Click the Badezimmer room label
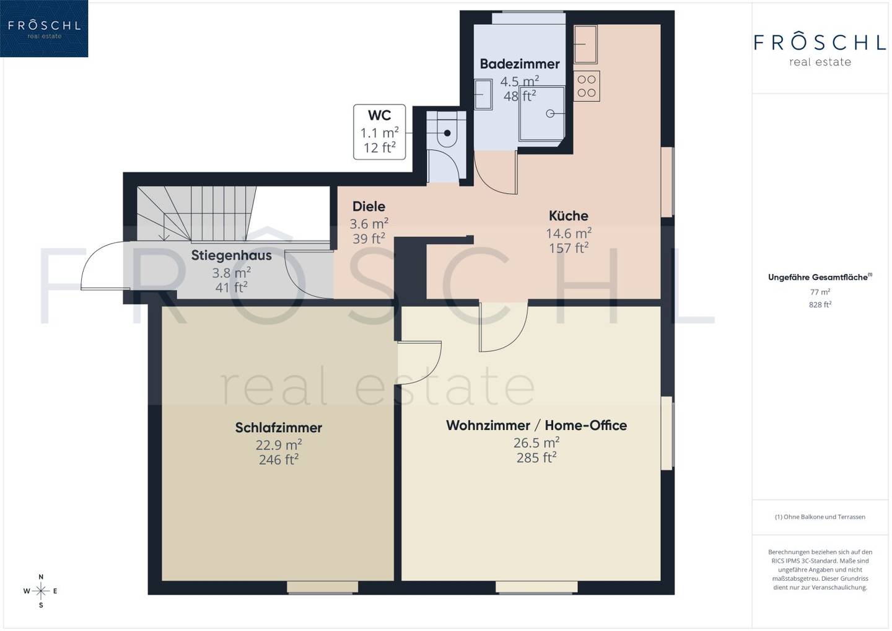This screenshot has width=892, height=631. point(520,64)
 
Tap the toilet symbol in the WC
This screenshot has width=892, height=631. point(447,133)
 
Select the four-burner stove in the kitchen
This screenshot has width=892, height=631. point(587,86)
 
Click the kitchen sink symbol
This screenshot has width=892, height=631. point(585,44)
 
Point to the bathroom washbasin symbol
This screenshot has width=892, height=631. point(483,94)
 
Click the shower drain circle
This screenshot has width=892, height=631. point(550,114)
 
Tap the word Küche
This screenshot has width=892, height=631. point(568,216)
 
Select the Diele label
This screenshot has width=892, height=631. point(369,206)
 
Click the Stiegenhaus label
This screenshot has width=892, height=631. point(232,255)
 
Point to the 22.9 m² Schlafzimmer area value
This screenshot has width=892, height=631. point(279,444)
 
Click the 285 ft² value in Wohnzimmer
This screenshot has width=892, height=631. point(536,457)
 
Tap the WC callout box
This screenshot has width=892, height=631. point(380,132)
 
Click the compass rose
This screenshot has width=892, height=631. point(41,591)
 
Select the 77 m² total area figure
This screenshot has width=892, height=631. point(820,292)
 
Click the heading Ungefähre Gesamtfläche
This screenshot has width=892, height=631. point(820,277)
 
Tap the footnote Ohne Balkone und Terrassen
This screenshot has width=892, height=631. point(820,517)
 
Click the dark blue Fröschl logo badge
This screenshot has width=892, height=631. point(44,29)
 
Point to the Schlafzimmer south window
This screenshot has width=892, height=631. point(322,588)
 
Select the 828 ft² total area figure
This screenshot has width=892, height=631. point(820,305)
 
